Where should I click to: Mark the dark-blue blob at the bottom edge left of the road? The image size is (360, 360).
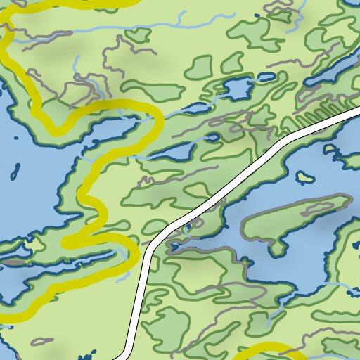[89, 354]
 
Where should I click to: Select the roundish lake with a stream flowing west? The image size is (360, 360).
[237, 89]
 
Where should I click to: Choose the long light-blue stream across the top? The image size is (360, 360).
[141, 31]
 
